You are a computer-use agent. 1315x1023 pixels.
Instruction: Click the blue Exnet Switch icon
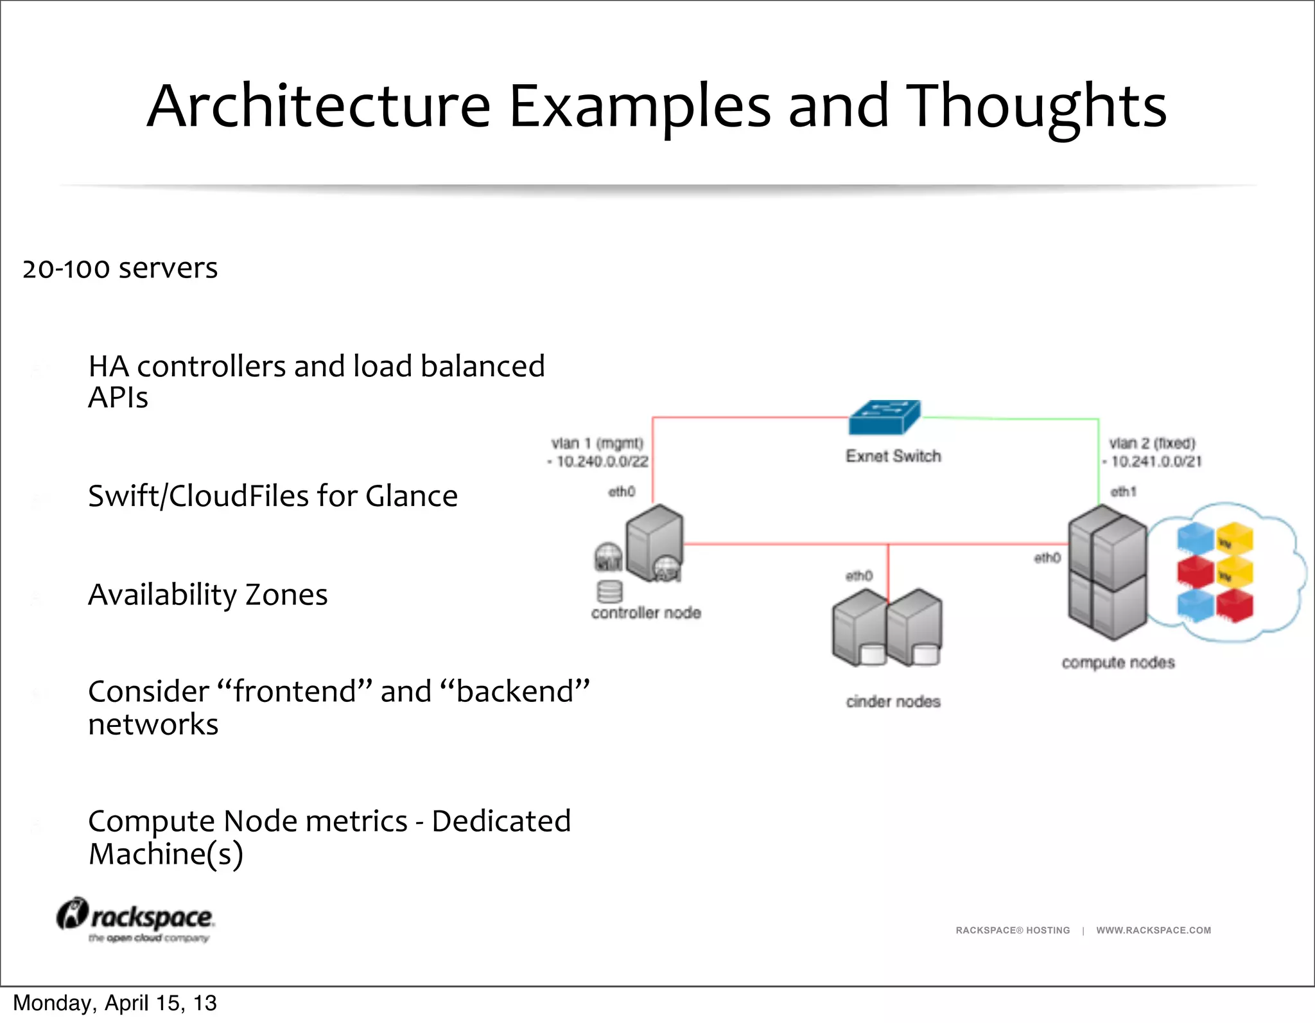click(x=884, y=417)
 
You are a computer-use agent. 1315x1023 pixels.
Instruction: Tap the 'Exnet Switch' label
click(x=893, y=456)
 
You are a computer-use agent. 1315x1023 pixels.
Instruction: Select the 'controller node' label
click(x=646, y=613)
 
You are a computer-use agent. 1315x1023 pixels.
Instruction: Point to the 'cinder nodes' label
click(x=893, y=701)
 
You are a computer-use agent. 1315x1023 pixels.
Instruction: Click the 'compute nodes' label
click(x=1118, y=662)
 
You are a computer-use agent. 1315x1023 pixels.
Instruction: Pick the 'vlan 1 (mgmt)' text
click(x=597, y=443)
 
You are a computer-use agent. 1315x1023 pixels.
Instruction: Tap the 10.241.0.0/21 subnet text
click(x=1156, y=461)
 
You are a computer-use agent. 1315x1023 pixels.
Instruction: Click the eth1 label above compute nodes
click(x=1123, y=491)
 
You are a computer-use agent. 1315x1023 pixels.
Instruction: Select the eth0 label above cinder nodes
click(x=858, y=575)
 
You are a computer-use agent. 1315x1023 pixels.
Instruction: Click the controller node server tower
click(x=653, y=539)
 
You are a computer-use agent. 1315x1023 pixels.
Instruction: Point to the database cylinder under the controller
click(x=609, y=591)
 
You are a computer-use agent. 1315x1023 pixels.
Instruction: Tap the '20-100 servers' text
click(x=120, y=268)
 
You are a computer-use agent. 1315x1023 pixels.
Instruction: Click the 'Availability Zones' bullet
click(x=207, y=594)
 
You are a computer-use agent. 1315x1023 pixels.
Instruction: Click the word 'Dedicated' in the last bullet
click(x=501, y=821)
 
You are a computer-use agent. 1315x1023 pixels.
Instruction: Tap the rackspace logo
click(x=136, y=920)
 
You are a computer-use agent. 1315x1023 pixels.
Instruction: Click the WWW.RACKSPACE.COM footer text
click(x=1153, y=930)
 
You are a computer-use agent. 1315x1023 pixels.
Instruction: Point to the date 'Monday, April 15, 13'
click(x=115, y=1002)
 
